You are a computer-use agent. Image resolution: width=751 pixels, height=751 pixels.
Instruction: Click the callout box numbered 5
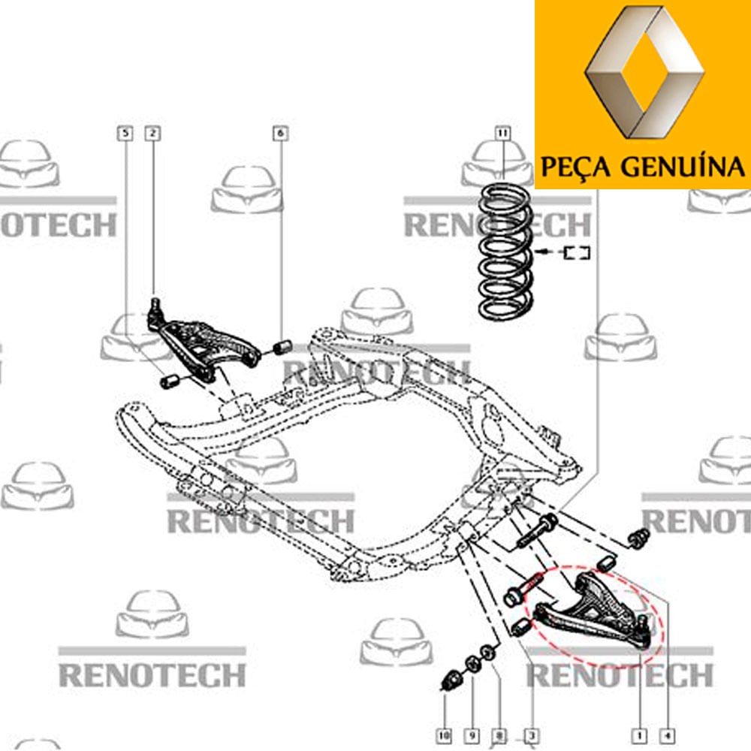[x=125, y=133]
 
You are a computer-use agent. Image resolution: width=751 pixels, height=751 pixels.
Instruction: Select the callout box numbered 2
[x=152, y=133]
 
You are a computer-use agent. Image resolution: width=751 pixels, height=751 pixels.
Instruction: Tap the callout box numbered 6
[x=281, y=133]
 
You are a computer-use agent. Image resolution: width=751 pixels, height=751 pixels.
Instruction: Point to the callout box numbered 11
[x=502, y=133]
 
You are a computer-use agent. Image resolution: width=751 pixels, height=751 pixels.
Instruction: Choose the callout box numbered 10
[x=444, y=735]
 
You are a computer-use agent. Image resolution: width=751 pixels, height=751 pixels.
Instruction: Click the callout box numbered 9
[x=472, y=735]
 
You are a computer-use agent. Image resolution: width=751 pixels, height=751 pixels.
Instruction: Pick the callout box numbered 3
[x=531, y=735]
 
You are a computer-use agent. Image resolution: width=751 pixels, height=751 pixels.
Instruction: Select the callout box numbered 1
[x=639, y=735]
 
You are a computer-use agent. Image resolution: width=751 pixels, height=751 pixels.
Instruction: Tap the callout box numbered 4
[x=667, y=735]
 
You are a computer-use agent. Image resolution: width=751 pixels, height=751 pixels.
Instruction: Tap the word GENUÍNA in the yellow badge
[x=683, y=167]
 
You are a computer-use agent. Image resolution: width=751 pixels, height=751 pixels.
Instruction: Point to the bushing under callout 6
[x=282, y=345]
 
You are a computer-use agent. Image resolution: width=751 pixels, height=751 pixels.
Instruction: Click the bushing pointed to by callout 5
[x=169, y=381]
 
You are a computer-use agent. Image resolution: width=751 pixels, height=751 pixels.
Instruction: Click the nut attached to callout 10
[x=451, y=680]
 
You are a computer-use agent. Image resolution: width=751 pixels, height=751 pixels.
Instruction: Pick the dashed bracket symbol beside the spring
[x=576, y=252]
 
